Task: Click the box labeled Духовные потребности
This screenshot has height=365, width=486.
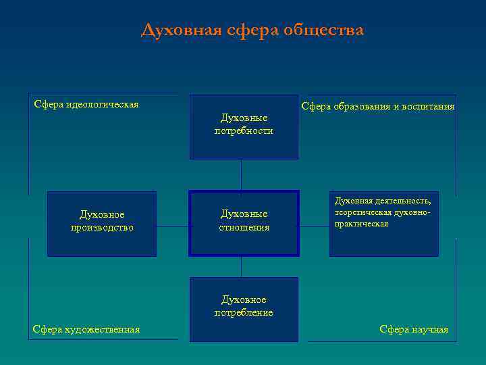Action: [x=244, y=126]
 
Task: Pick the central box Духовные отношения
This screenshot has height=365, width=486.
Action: [x=244, y=223]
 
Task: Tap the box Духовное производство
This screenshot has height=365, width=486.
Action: [x=101, y=223]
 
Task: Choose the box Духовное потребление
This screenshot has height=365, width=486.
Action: [x=244, y=308]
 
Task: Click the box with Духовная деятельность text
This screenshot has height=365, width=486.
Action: [x=383, y=223]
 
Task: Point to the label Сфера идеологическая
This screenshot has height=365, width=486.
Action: [x=86, y=104]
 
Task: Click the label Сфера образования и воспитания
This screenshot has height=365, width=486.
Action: [x=377, y=106]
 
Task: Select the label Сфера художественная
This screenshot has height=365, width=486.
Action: [x=86, y=329]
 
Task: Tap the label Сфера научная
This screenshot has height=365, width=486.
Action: [x=414, y=329]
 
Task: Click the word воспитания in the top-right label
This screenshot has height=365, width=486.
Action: [x=429, y=106]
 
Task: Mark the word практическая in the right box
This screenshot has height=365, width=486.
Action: [x=361, y=224]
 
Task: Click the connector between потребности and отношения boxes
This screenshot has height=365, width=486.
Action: [x=241, y=175]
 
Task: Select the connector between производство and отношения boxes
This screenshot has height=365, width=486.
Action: [x=173, y=226]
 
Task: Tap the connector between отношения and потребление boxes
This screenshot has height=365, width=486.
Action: [x=241, y=267]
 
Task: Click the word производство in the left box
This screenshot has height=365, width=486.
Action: [x=101, y=228]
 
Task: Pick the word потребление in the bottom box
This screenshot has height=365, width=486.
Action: [x=244, y=313]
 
